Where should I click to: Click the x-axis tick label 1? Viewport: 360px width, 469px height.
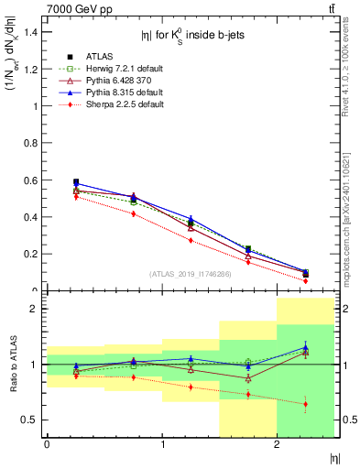coord(162,444)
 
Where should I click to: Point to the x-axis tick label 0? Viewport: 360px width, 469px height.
coord(47,444)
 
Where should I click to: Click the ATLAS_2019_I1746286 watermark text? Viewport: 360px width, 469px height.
coord(191,274)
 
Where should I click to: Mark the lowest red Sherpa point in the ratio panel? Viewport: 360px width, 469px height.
coord(306,404)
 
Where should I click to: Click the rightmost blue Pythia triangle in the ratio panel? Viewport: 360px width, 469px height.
coord(306,347)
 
